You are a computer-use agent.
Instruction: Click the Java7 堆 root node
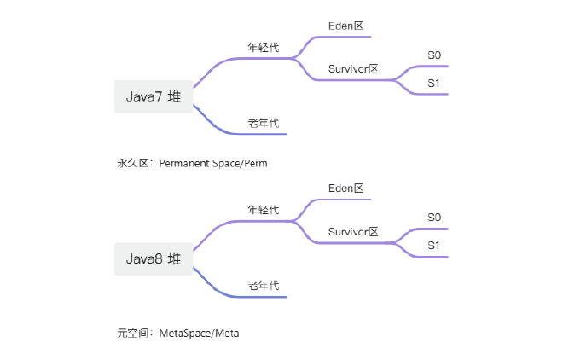[x=154, y=96]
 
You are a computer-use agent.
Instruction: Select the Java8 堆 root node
[x=154, y=258]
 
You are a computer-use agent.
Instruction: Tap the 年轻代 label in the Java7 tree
[x=263, y=48]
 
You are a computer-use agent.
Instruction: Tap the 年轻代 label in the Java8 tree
[x=263, y=210]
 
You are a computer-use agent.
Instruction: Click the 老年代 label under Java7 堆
[x=263, y=124]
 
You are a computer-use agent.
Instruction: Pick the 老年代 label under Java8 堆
[x=263, y=286]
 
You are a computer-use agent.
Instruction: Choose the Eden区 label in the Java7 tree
[x=346, y=26]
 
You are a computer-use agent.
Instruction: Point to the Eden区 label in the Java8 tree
[x=346, y=188]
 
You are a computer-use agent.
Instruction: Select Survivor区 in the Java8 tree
[x=352, y=231]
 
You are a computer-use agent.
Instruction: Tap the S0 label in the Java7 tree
[x=434, y=55]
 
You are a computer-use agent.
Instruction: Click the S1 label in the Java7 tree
[x=434, y=84]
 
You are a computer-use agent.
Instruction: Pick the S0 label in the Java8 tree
[x=434, y=218]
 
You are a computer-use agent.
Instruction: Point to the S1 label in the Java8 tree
[x=434, y=246]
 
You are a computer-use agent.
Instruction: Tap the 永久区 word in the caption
[x=131, y=163]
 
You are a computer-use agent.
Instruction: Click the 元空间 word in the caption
[x=131, y=333]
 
